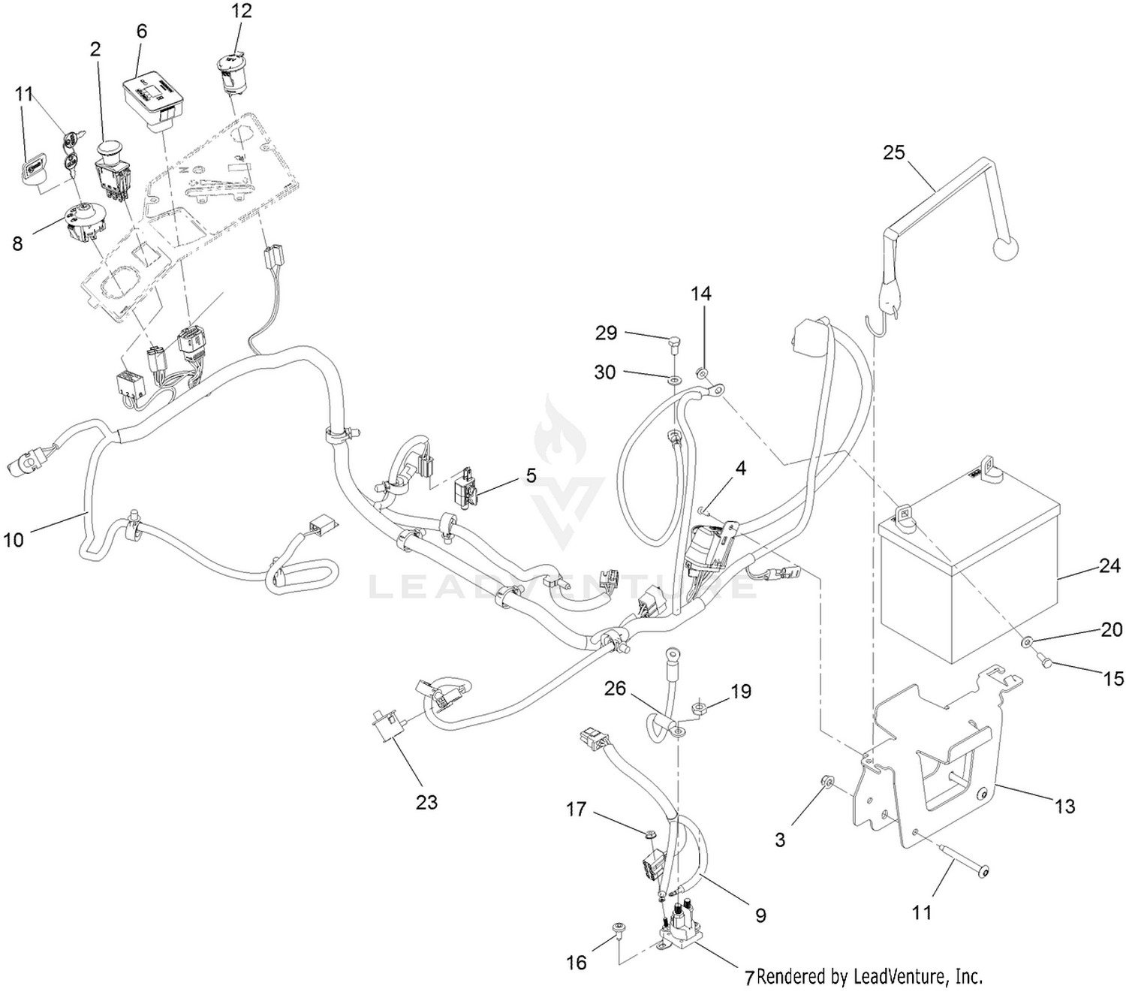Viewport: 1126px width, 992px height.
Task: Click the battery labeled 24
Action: coord(968,578)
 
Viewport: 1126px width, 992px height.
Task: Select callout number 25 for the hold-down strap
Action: coord(894,152)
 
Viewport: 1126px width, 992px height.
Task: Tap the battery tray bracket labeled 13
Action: coord(931,781)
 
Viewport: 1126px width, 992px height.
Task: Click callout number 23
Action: coord(426,802)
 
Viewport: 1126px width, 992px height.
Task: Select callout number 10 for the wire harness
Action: coord(14,539)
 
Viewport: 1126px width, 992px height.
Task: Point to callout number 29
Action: coord(606,333)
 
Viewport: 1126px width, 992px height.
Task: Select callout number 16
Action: coord(577,962)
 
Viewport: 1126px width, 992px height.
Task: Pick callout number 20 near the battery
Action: coord(1111,629)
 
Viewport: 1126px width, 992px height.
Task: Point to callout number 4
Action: coord(741,469)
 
